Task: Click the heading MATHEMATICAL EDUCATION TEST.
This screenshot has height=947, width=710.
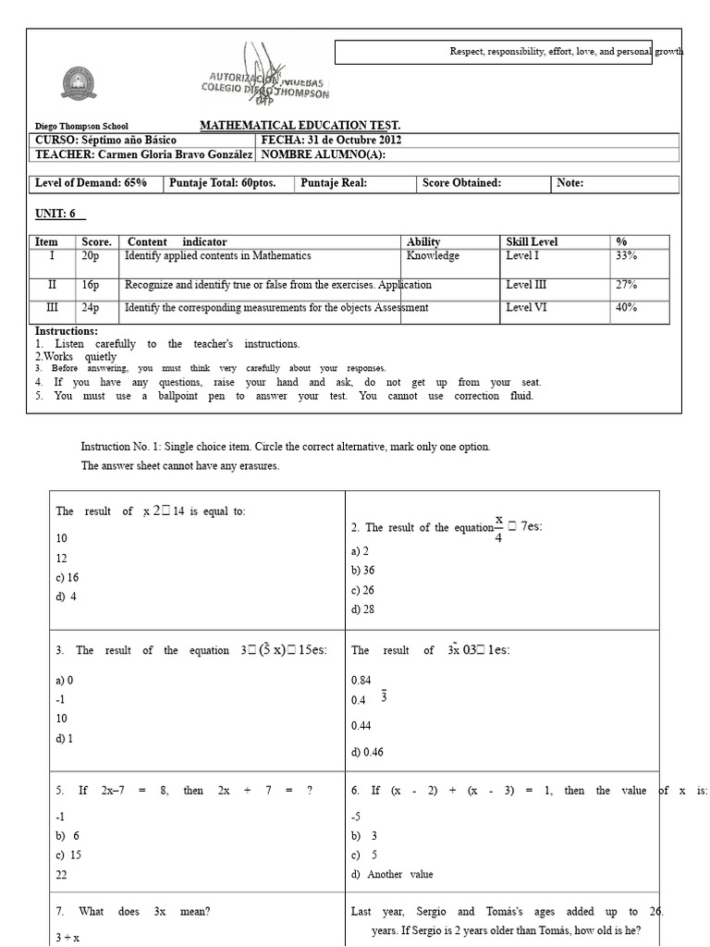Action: [300, 126]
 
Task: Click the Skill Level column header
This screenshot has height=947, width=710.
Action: [532, 241]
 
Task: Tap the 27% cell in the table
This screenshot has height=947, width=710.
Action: [626, 286]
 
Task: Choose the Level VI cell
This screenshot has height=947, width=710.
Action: [527, 308]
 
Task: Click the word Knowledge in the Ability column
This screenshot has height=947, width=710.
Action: [432, 256]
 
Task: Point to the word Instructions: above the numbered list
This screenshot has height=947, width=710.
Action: [67, 331]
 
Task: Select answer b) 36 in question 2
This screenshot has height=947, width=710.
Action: [362, 571]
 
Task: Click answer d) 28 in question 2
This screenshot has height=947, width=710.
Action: [362, 609]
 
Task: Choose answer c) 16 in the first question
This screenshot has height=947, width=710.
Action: [67, 576]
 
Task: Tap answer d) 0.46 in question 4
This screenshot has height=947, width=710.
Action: [367, 752]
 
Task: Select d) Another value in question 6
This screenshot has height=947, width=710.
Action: [391, 874]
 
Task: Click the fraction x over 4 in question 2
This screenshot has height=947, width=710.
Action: [499, 528]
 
